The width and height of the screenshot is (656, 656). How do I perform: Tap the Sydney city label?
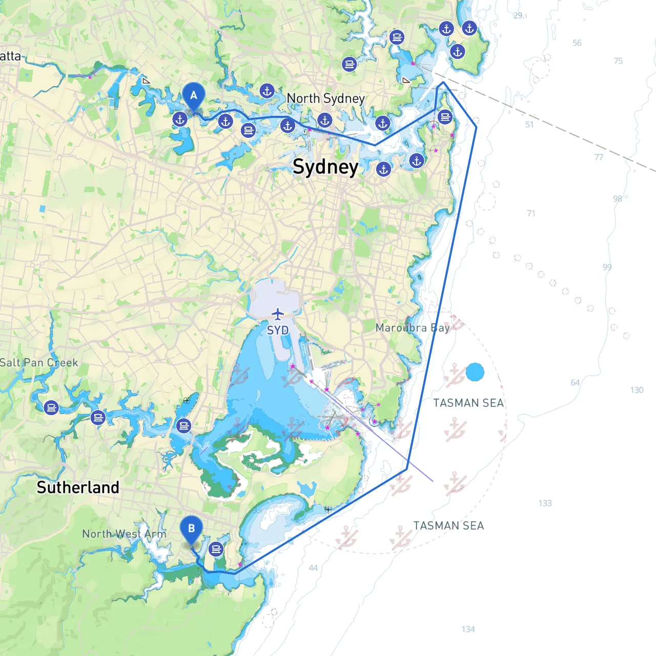[325, 167]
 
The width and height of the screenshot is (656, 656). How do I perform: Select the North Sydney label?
[325, 98]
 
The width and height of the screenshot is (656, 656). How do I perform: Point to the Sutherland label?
[78, 487]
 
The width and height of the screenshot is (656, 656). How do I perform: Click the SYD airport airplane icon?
[278, 314]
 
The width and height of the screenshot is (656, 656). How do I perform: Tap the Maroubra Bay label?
[413, 327]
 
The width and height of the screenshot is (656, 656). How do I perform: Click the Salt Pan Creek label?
[39, 362]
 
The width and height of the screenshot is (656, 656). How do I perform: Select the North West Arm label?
[124, 534]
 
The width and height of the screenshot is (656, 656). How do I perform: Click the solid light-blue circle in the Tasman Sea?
[475, 372]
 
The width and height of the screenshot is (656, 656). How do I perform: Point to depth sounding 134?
[468, 629]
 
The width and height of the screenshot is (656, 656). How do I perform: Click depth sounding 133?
[545, 503]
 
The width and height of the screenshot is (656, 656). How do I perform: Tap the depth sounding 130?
[637, 390]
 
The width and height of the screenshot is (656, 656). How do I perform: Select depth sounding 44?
[313, 567]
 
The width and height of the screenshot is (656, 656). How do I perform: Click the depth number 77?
[599, 157]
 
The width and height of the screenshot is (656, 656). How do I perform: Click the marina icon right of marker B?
[216, 549]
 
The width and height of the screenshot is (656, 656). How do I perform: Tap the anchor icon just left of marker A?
[180, 120]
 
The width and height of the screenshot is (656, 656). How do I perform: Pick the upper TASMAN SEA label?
[468, 403]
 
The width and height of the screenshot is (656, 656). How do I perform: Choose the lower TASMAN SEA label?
[448, 525]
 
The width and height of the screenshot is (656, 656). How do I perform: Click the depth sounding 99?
[607, 267]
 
